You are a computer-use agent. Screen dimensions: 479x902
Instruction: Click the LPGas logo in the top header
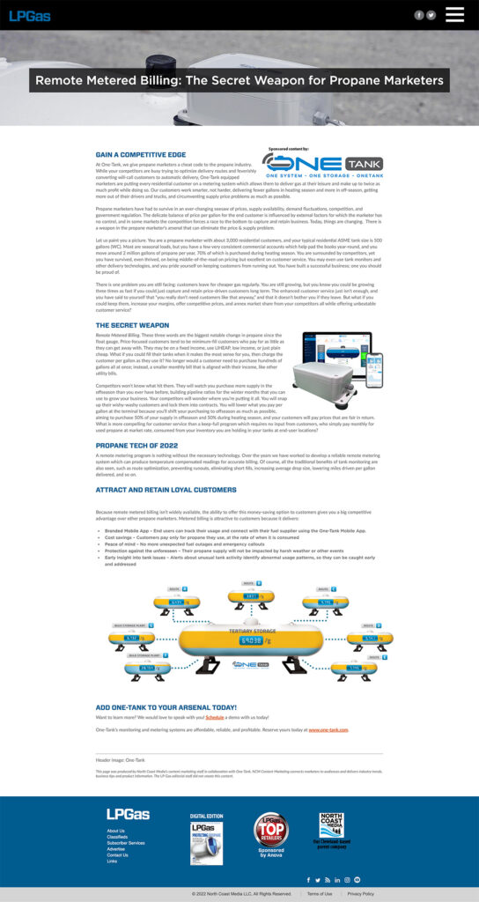30,15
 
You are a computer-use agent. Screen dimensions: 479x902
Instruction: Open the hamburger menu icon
454,14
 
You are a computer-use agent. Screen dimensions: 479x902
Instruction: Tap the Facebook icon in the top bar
419,15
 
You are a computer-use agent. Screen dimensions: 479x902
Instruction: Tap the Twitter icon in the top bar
431,15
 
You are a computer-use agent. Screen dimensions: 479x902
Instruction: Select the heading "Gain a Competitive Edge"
140,154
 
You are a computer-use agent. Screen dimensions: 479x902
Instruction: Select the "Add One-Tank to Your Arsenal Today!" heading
166,707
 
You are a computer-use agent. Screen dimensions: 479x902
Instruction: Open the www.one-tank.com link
328,729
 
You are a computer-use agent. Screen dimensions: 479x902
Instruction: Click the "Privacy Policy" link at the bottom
361,893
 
